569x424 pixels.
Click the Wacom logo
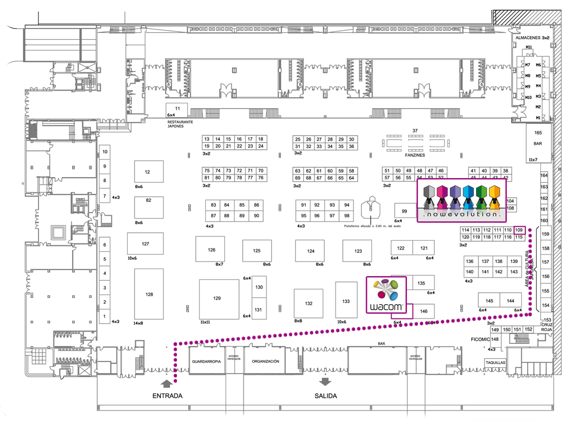387,295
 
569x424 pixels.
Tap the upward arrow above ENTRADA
166,382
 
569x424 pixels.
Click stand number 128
149,295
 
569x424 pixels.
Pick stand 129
218,298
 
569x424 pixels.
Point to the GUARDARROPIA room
206,361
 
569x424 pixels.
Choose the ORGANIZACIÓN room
265,361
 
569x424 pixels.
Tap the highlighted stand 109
519,230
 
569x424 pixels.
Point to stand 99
404,211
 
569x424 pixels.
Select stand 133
346,301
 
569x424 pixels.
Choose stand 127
145,244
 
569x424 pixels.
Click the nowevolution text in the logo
461,215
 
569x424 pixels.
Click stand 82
148,201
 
